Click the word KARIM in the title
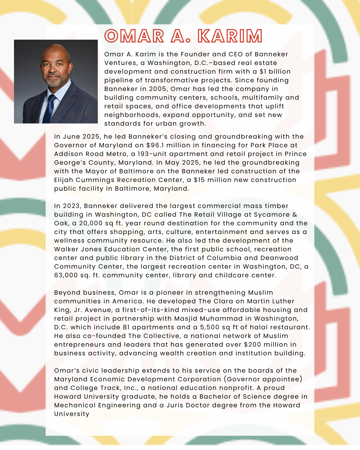pos(230,36)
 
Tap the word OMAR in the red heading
pos(134,36)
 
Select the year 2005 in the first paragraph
pos(157,89)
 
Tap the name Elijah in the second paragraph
pos(64,180)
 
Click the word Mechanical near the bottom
pos(74,405)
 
